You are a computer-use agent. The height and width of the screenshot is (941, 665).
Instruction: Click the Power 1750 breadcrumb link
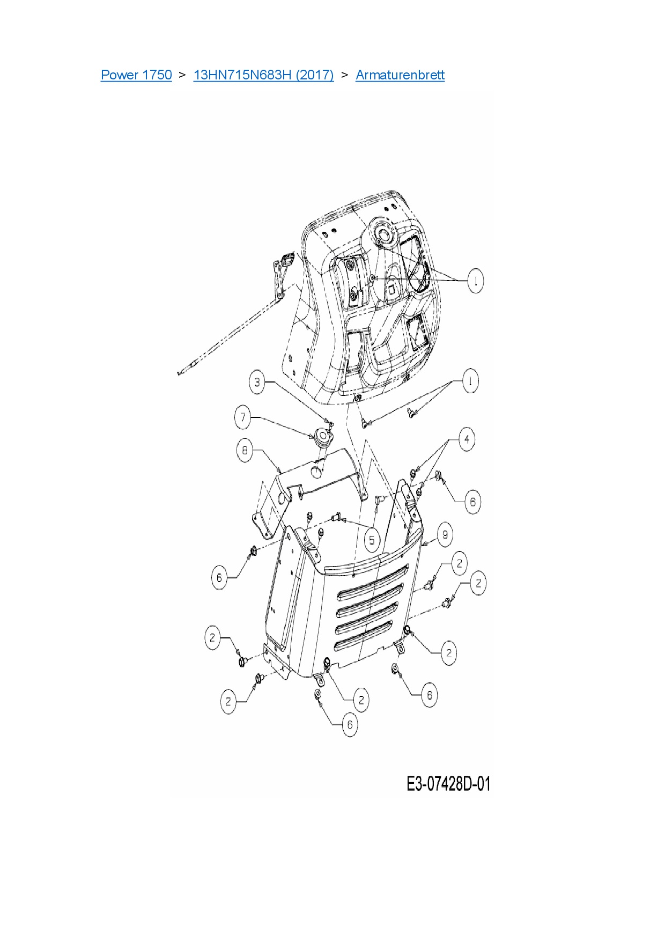pos(136,75)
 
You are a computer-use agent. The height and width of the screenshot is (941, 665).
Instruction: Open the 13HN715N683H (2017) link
pos(263,75)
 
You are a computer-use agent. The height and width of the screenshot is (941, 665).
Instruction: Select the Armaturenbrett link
pos(400,75)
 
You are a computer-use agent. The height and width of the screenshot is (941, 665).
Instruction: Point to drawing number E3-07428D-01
pos(448,784)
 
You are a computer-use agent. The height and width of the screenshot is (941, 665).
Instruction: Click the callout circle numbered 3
pos(257,383)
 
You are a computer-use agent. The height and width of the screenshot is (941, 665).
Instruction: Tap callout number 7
pos(243,417)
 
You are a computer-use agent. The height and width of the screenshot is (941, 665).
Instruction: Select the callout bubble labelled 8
pos(245,450)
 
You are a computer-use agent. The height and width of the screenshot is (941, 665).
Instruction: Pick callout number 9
pos(445,534)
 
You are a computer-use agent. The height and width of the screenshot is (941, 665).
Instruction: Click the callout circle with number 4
pos(467,439)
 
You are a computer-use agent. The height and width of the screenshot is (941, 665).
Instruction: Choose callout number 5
pos(372,540)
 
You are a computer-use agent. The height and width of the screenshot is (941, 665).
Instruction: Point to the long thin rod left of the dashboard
pos(236,329)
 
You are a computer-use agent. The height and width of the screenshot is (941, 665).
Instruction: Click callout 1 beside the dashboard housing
pos(475,281)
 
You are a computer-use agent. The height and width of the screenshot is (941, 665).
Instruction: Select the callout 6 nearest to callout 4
pos(472,502)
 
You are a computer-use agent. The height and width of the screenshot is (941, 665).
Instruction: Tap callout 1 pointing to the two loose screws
pos(470,381)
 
